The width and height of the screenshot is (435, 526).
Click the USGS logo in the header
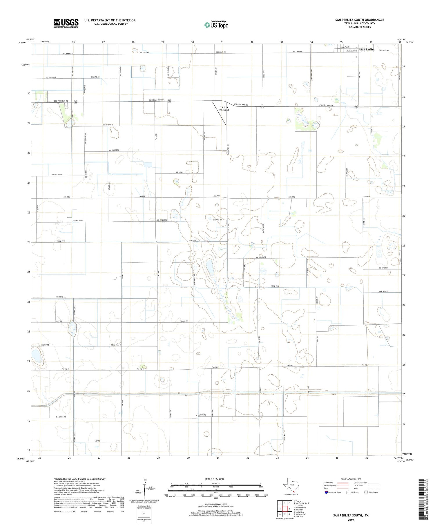(66, 23)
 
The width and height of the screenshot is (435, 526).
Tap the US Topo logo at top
(216, 25)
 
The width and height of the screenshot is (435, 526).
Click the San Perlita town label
(367, 50)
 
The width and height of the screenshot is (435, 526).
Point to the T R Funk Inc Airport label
(224, 109)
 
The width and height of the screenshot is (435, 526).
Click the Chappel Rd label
(217, 220)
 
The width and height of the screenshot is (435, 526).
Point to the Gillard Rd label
(95, 77)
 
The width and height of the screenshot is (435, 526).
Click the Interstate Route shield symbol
(326, 492)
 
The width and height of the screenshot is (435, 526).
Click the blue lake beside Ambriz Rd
(37, 356)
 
